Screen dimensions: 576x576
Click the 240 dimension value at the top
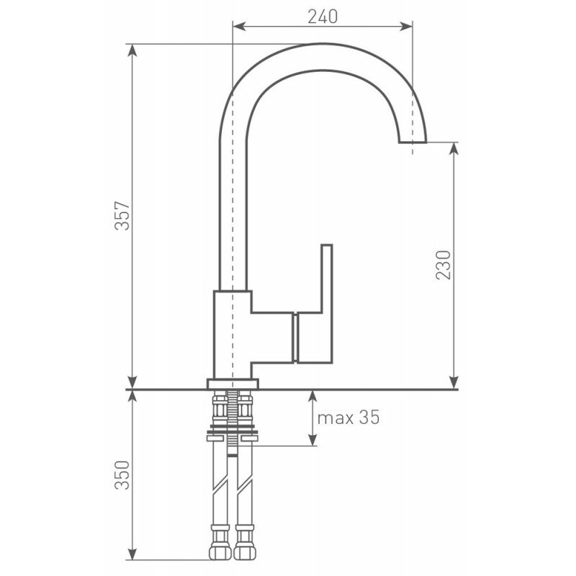(323, 17)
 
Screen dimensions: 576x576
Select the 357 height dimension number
(122, 215)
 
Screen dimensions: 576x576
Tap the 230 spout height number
(443, 265)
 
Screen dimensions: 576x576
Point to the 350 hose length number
(122, 475)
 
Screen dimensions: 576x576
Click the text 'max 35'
(348, 418)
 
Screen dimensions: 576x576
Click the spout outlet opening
(413, 142)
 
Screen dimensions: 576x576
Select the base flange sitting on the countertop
(233, 384)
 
